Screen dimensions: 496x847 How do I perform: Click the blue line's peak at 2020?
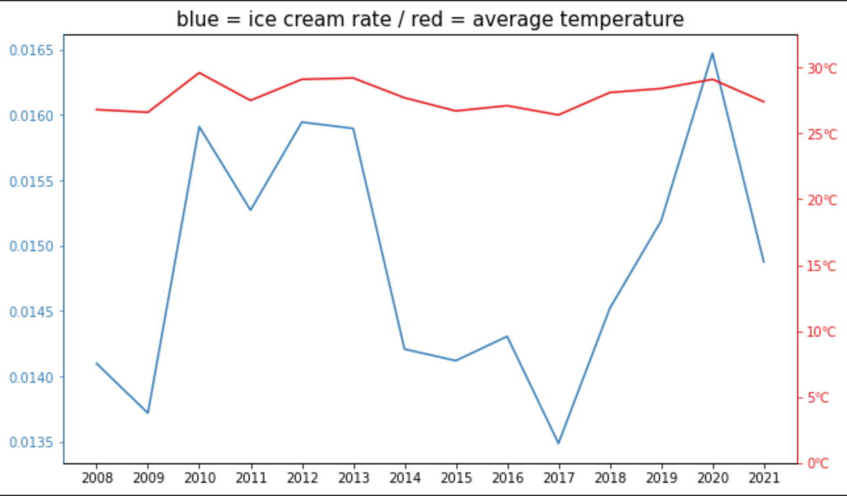pos(712,53)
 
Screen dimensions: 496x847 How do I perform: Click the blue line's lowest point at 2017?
pos(558,443)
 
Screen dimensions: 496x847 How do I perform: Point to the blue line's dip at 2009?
pos(147,412)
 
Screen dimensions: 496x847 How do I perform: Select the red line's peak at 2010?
pos(199,72)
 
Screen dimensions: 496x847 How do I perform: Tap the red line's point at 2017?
pos(558,115)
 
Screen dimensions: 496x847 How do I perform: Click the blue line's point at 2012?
pos(302,122)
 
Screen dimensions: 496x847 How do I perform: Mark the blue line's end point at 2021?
pos(763,262)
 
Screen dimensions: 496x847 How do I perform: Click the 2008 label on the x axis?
pos(96,476)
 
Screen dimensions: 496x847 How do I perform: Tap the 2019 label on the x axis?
pos(661,476)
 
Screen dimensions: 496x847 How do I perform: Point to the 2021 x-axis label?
pos(763,476)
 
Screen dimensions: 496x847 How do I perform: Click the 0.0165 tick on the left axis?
pos(32,51)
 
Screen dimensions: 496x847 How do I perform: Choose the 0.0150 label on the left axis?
pos(32,247)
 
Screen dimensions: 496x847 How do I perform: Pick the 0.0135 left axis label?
pos(32,443)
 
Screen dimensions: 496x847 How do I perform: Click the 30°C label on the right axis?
pos(822,68)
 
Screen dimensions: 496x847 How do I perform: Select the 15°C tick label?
pos(822,266)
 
